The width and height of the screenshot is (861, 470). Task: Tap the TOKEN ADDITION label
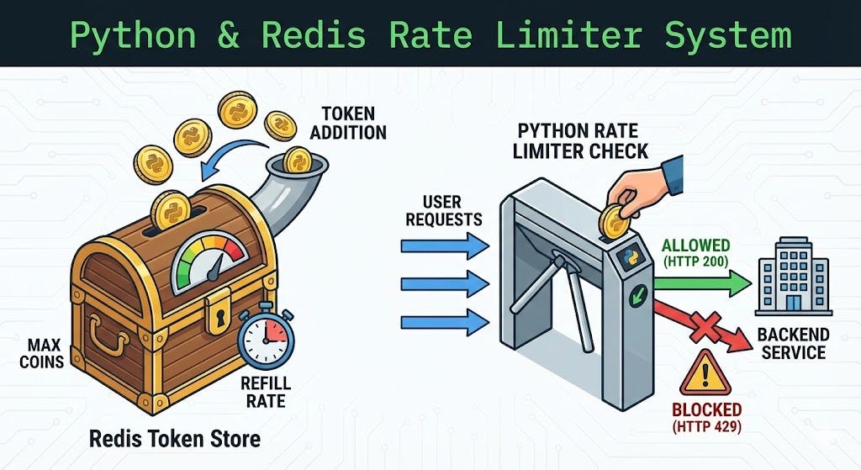(353, 122)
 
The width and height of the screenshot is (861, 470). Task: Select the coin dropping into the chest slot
(171, 209)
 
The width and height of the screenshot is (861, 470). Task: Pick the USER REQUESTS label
(441, 210)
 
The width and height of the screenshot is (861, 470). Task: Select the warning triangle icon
(705, 372)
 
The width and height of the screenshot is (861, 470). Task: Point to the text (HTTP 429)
(705, 428)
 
